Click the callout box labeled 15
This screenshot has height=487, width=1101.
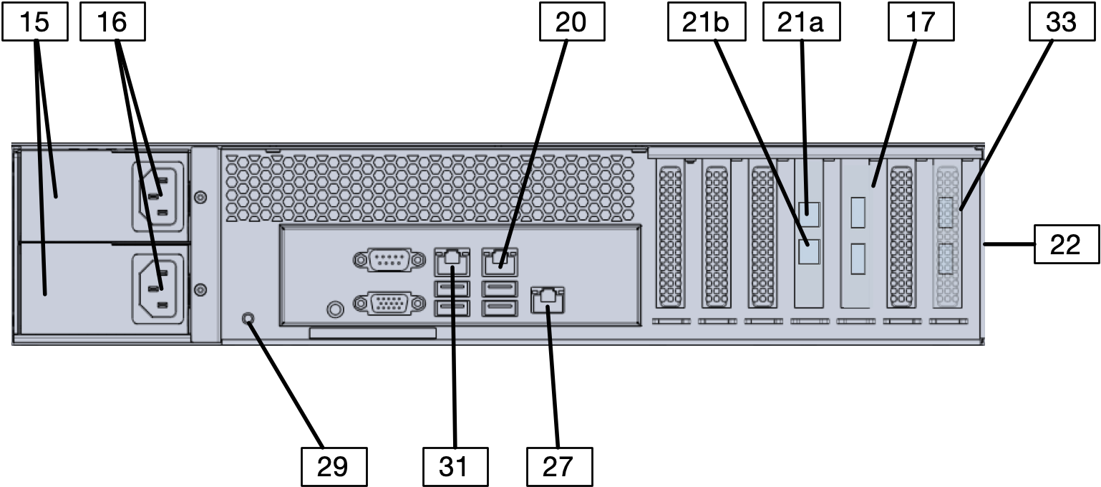click(35, 22)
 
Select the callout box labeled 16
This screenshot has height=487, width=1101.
click(112, 22)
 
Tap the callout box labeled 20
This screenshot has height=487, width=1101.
click(571, 22)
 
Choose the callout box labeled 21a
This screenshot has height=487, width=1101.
click(802, 22)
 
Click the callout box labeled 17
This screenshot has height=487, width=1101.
click(921, 22)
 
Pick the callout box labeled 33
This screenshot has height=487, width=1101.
click(1062, 22)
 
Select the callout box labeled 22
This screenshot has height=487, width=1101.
click(1067, 244)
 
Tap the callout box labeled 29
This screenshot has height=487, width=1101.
click(333, 466)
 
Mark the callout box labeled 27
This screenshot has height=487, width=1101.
click(559, 466)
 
